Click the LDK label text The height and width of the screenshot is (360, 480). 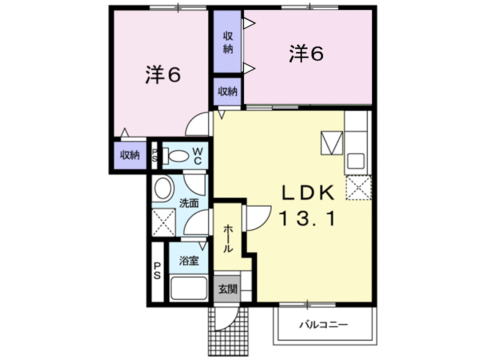click(307, 193)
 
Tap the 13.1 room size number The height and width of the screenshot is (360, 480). click(307, 218)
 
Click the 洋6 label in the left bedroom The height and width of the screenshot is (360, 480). click(163, 74)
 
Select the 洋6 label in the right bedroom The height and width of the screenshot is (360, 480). click(306, 53)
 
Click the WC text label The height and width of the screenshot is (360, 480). click(198, 155)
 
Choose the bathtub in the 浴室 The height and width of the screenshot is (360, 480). click(188, 288)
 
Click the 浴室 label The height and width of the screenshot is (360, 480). click(189, 261)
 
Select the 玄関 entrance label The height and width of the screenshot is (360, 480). click(227, 288)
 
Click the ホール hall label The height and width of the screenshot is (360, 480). click(227, 238)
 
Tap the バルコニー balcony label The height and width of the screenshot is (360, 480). click(323, 324)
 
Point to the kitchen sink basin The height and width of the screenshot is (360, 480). click(355, 160)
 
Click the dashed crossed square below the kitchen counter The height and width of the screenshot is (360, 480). click(358, 187)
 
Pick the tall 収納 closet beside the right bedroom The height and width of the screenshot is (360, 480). click(227, 41)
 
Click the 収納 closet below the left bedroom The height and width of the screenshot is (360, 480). click(130, 155)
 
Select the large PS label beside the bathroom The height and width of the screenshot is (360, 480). click(156, 270)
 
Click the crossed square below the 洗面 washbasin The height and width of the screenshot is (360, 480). click(163, 222)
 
